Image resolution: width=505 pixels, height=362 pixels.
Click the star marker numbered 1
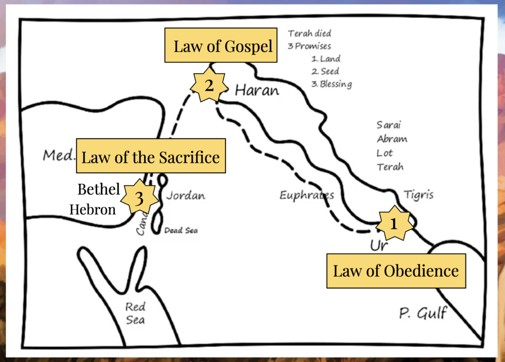394,224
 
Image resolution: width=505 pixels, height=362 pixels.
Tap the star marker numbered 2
209,85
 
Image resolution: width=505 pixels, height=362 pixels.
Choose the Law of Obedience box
396,271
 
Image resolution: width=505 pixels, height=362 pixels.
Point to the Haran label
256,90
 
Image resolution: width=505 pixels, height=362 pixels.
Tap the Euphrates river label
306,196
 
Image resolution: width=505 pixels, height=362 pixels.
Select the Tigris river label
418,195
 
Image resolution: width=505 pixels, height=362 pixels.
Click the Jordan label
185,196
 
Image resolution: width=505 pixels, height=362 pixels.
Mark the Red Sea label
135,313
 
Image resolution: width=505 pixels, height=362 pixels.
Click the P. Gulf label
423,313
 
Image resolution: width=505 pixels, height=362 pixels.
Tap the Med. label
59,156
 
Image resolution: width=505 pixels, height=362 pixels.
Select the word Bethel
99,189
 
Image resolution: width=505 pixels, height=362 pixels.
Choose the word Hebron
93,209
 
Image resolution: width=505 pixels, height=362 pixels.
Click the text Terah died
310,34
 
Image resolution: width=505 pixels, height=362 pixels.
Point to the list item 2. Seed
325,71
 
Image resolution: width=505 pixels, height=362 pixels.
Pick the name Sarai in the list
389,124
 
